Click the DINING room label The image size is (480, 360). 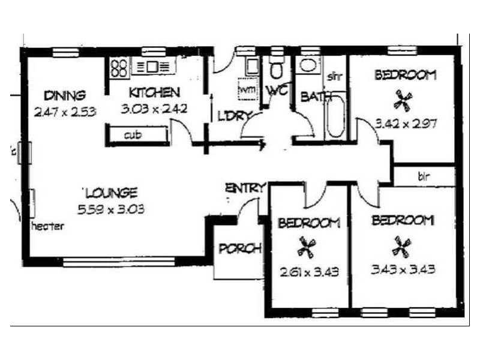coord(65,95)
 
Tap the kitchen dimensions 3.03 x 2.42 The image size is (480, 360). coord(154,109)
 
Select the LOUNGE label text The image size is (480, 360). coord(112,193)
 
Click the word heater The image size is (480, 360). coord(47,226)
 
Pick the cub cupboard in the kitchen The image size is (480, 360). coord(132,135)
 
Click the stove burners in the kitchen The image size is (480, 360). coord(118,67)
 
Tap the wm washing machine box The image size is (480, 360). coord(247,89)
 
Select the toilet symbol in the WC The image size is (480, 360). coord(276,70)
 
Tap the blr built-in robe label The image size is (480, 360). coord(424,177)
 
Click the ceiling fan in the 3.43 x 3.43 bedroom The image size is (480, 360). coord(401,244)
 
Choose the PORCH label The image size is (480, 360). coord(239,248)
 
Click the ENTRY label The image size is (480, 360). coord(244,188)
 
